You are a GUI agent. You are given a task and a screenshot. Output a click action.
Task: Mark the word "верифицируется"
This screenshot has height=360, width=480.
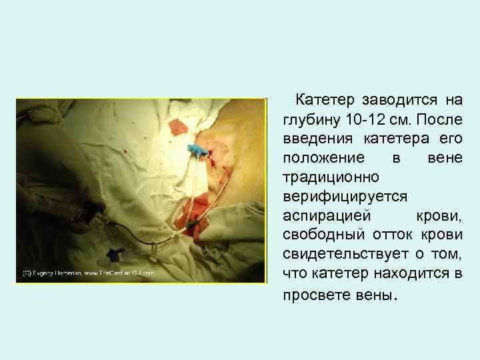coord(339,197)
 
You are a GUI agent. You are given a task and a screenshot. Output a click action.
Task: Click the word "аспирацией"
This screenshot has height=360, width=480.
coord(323,216)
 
